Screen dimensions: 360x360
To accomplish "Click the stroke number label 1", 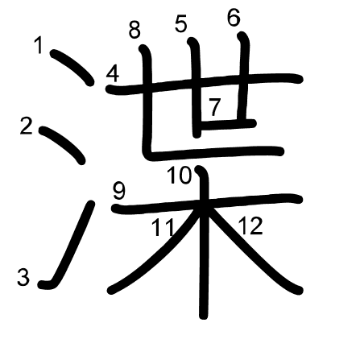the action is (x=39, y=45).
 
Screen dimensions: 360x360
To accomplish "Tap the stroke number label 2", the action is (x=27, y=126).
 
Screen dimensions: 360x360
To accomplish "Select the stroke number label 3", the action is (x=23, y=277).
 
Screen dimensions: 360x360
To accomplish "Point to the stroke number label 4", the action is (x=113, y=74).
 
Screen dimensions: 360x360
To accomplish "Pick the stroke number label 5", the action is (x=181, y=24).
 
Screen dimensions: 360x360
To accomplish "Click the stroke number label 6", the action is (x=234, y=18).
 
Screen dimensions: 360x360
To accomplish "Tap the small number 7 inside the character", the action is (x=214, y=107).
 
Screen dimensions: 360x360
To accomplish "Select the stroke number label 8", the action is (x=134, y=30).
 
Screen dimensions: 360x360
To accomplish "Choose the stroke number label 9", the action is (x=119, y=192).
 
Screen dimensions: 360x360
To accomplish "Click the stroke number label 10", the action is (x=180, y=175).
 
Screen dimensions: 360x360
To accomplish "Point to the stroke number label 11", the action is (x=163, y=227).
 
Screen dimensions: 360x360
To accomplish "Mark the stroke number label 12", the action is (x=250, y=226).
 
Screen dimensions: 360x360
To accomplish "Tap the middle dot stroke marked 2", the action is (x=63, y=145).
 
